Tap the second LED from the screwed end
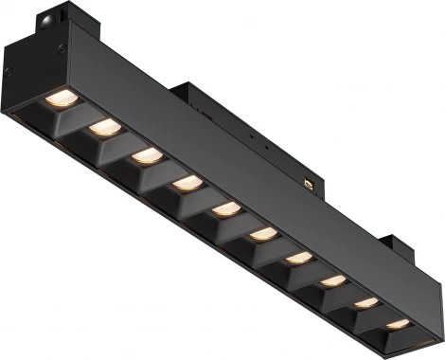coord(102,126)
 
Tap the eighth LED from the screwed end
coord(332,280)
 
